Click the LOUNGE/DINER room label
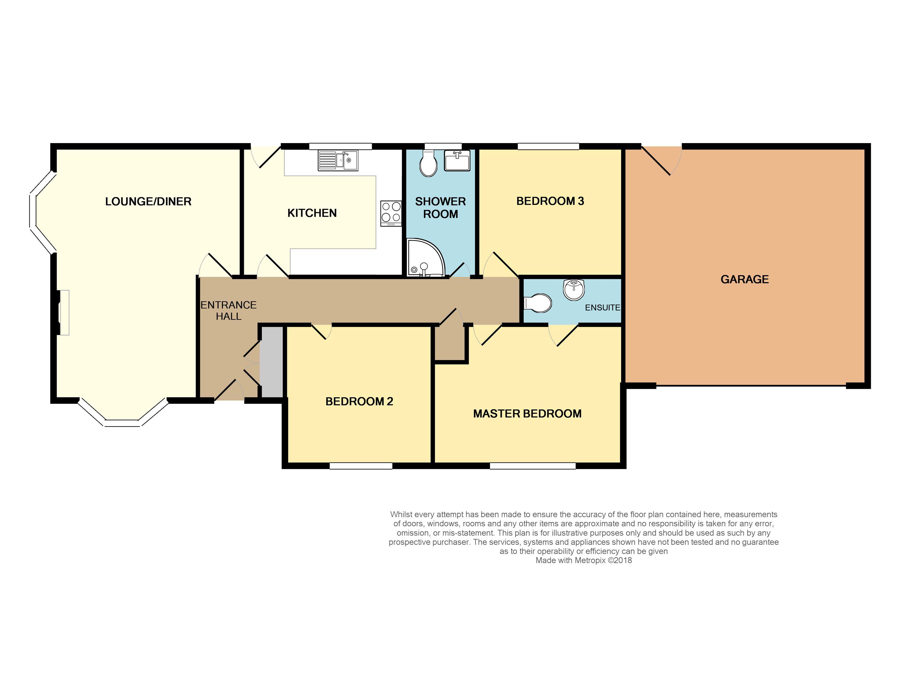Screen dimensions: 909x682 148,202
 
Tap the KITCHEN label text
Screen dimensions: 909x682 312,213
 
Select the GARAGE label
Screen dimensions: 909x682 745,279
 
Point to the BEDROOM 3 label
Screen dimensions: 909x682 550,201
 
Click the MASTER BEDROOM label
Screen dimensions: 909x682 527,413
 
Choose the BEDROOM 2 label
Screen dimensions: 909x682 359,402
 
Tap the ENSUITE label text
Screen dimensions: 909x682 602,307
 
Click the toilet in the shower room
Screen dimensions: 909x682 428,163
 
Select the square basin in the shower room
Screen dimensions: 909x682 457,160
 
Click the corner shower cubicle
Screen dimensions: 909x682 426,258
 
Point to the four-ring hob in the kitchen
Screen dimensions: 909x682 391,213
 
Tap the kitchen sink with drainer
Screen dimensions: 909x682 338,160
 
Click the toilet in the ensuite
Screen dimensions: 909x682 538,303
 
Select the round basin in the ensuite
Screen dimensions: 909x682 574,290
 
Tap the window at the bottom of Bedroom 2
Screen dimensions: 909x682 361,466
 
